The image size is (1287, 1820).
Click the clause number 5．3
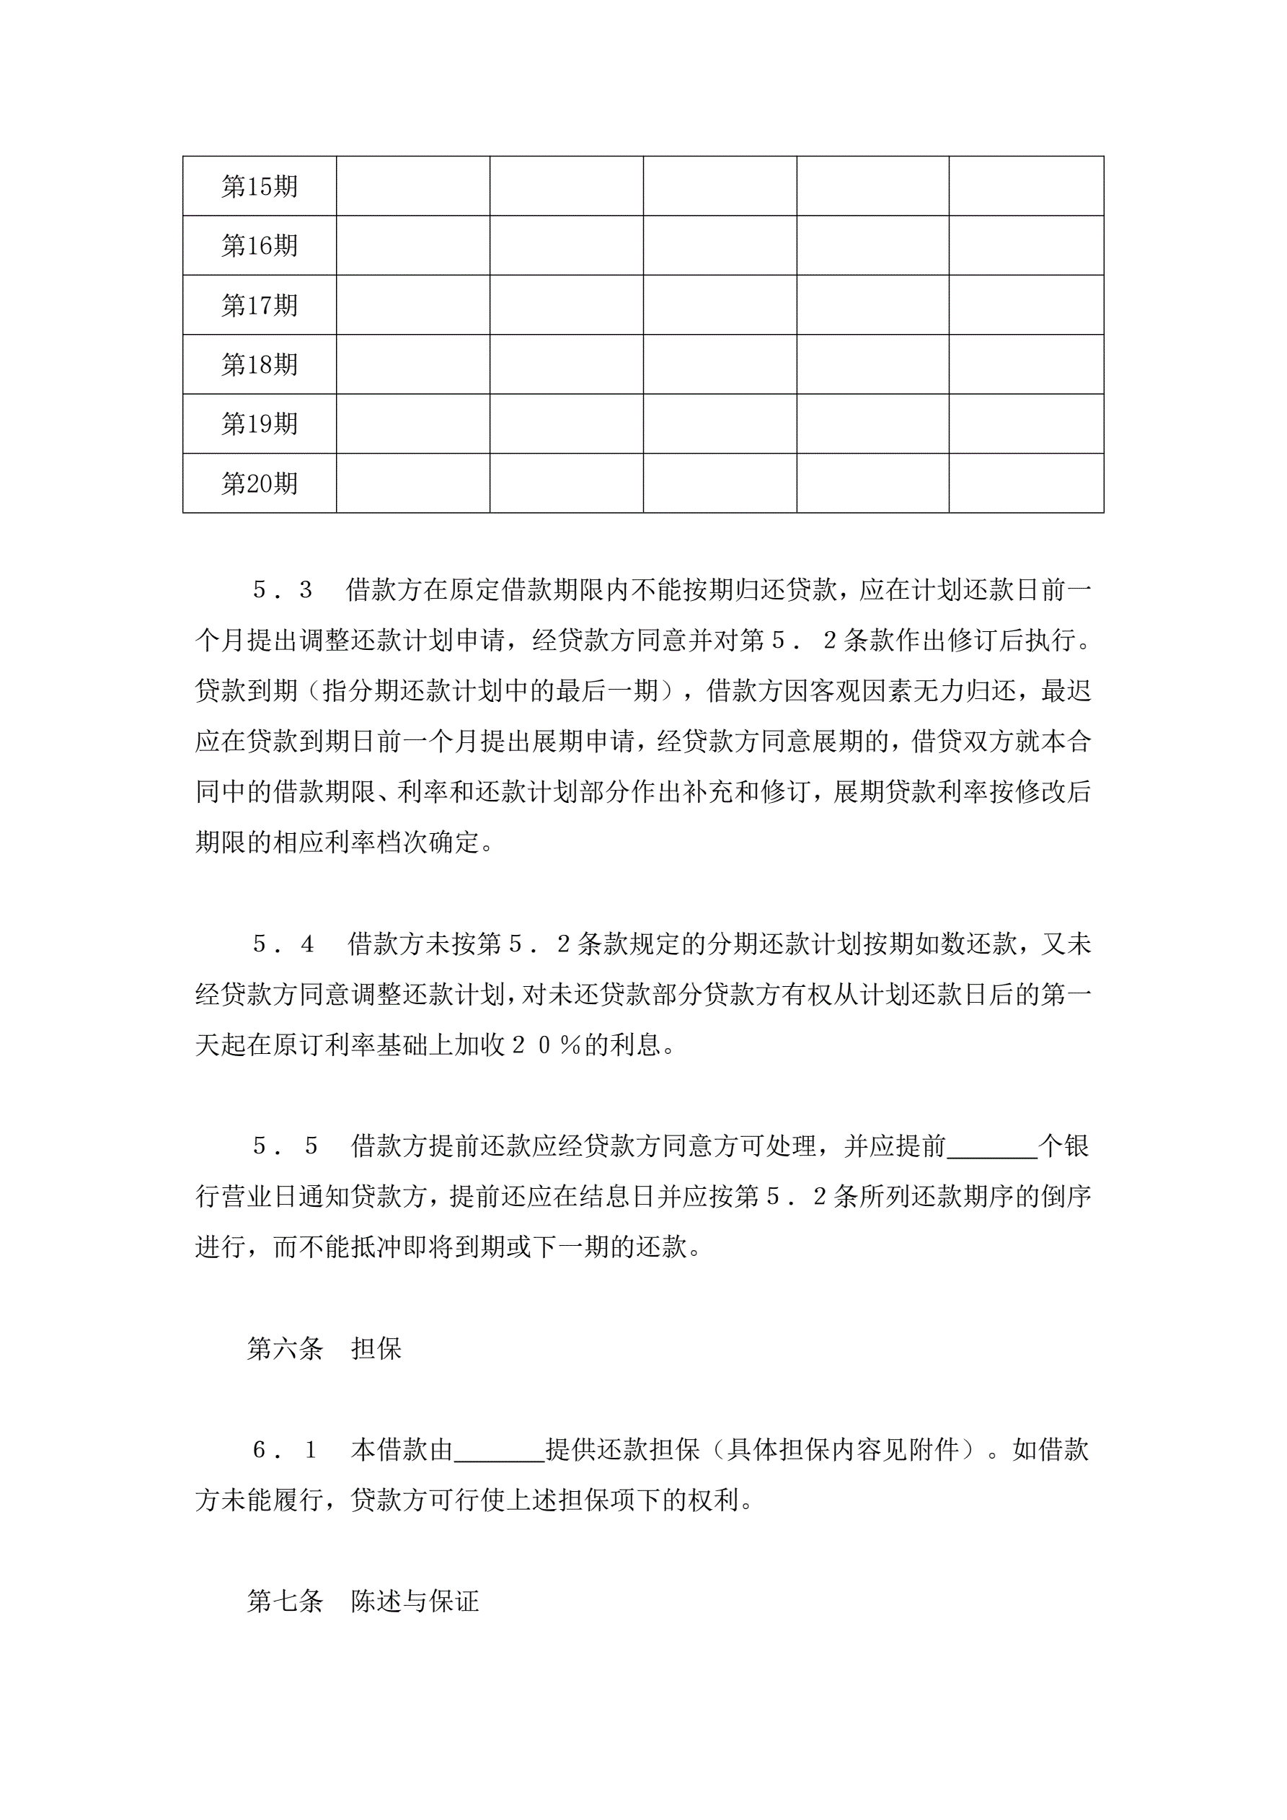coord(282,590)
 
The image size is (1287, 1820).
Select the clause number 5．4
coord(283,944)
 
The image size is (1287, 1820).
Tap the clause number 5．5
coord(285,1146)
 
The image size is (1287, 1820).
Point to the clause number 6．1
coord(283,1450)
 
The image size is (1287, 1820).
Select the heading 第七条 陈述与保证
coord(363,1601)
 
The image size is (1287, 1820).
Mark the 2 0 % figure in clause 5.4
coord(547,1045)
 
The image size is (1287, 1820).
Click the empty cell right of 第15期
coord(413,186)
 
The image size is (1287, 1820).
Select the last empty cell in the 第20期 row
coord(1026,483)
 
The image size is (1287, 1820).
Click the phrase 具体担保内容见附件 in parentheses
coord(844,1450)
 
